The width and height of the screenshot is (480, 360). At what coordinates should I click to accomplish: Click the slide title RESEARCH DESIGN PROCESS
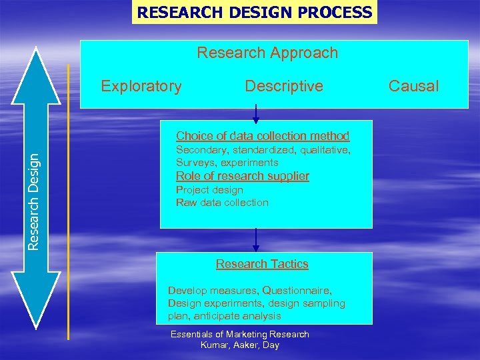(x=254, y=12)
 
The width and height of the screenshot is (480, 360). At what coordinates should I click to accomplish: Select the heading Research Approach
(x=267, y=53)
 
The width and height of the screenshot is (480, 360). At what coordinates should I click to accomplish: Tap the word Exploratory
(x=141, y=86)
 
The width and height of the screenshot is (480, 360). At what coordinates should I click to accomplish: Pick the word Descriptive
(x=284, y=86)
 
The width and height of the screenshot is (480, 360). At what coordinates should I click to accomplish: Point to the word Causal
(x=413, y=86)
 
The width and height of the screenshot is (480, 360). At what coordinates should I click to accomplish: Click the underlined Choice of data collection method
(x=262, y=136)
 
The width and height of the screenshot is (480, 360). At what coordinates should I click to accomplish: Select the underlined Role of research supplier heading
(x=242, y=176)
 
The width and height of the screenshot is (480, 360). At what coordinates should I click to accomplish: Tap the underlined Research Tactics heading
(x=262, y=264)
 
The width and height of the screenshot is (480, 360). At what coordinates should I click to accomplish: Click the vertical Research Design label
(x=33, y=200)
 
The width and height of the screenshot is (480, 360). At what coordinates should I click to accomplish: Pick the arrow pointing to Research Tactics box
(x=256, y=240)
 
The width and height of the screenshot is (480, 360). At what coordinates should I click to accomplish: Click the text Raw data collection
(x=222, y=203)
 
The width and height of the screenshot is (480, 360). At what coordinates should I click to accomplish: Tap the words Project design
(x=209, y=190)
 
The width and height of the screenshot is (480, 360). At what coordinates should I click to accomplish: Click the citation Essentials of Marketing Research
(x=240, y=334)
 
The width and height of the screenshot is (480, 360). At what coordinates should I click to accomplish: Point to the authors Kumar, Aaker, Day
(x=240, y=345)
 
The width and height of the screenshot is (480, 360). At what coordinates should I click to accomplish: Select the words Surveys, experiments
(x=227, y=163)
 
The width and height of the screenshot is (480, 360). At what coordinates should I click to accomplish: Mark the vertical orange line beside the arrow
(x=69, y=200)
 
